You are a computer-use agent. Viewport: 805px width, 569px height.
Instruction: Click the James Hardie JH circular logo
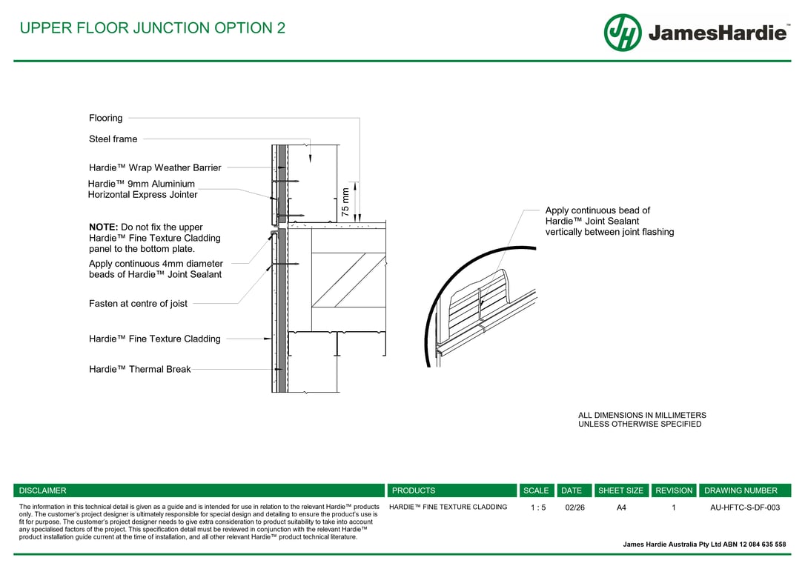point(623,33)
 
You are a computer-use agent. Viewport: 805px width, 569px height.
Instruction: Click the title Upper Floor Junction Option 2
point(152,28)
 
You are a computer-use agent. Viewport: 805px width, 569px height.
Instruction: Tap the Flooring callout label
point(106,118)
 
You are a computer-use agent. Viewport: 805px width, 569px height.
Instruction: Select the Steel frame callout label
point(113,139)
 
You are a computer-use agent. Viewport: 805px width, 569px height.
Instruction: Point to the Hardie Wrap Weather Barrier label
point(155,167)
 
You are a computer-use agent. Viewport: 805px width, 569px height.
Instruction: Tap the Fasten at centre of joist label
point(138,303)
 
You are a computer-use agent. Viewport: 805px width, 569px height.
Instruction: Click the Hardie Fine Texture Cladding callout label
point(154,339)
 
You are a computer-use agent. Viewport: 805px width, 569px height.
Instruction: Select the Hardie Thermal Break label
point(139,369)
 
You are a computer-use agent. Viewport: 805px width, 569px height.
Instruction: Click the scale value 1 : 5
point(538,508)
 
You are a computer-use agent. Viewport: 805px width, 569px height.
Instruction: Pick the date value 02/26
point(574,508)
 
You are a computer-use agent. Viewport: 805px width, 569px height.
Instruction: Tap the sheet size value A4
point(621,508)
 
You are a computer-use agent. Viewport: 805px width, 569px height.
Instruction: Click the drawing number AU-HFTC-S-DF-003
point(745,508)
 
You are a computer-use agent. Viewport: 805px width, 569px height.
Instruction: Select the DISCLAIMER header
point(42,490)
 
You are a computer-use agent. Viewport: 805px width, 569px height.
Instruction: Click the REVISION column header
point(674,490)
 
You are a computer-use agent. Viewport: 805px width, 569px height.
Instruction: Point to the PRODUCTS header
point(414,490)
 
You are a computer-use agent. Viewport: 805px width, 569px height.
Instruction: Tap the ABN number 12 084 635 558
point(759,545)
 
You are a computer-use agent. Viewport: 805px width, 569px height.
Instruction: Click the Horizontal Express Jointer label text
point(142,195)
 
